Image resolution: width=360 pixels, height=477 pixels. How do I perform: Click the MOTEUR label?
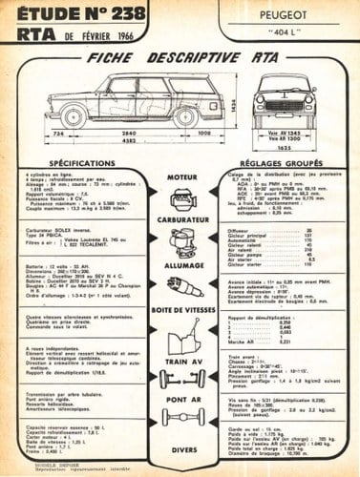181,177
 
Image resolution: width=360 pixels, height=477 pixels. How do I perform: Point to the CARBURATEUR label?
181,220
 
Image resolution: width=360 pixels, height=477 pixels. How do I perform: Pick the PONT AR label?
181,400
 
